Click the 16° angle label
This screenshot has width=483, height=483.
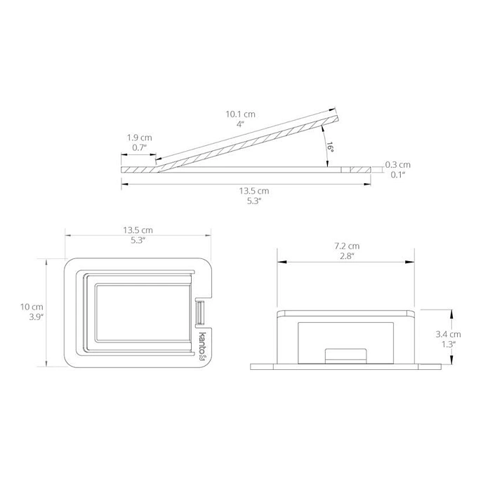click(330, 147)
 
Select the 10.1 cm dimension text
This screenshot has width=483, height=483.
click(241, 114)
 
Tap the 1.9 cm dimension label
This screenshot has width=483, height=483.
click(140, 138)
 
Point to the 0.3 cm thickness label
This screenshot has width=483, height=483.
click(397, 165)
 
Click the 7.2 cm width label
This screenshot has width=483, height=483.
click(347, 246)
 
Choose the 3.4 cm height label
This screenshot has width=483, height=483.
click(448, 334)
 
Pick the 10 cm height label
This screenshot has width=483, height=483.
click(32, 307)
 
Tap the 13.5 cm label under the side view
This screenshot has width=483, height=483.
click(254, 191)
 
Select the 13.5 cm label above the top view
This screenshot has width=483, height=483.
click(138, 230)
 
